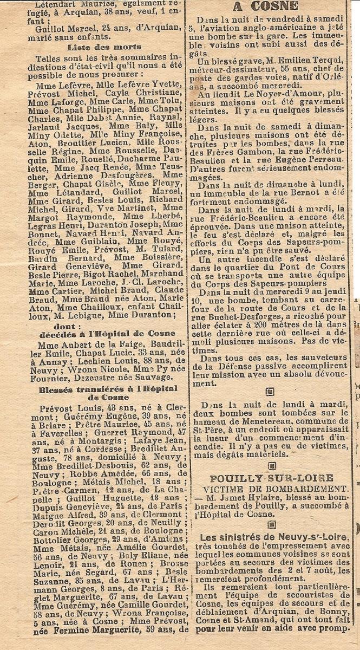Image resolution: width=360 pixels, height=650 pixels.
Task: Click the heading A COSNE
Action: coord(265,7)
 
